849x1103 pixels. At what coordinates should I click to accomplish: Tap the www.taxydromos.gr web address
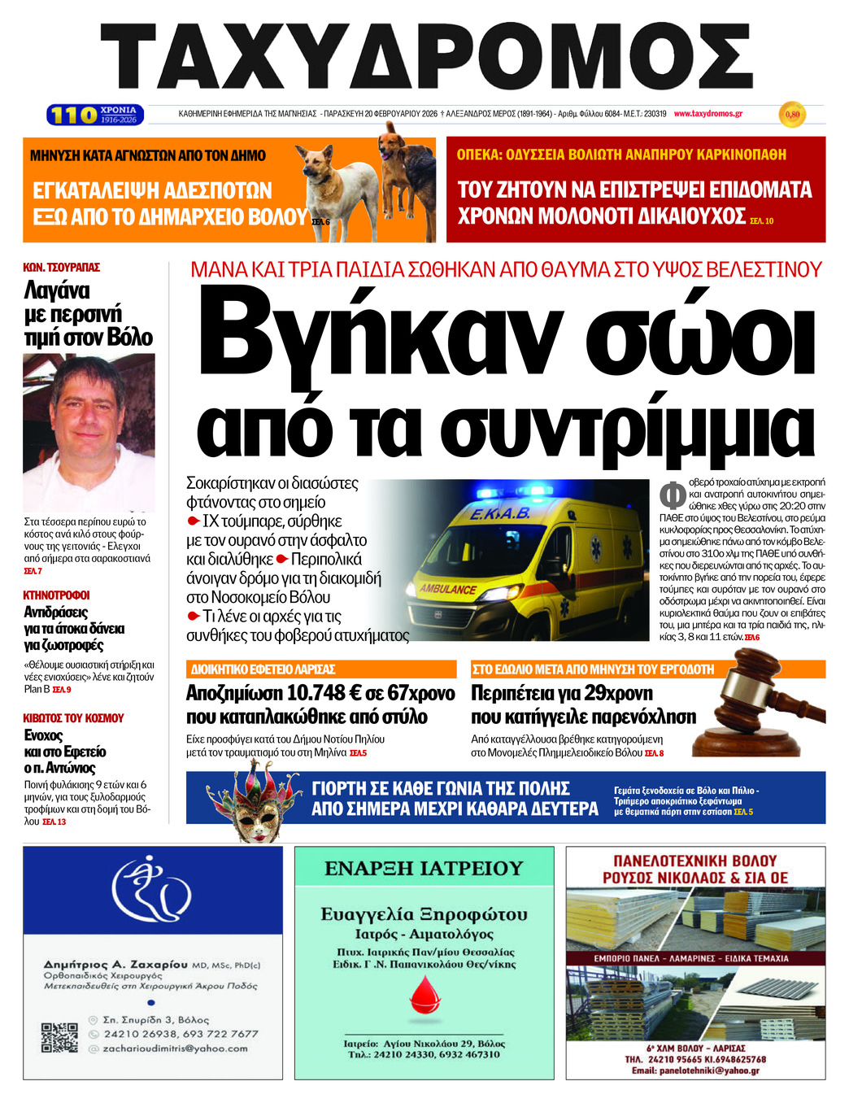[x=707, y=114]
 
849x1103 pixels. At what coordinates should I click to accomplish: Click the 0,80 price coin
[x=791, y=115]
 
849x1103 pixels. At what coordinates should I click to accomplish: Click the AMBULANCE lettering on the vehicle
[x=448, y=588]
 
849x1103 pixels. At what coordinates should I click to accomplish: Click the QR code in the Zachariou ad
[x=59, y=1038]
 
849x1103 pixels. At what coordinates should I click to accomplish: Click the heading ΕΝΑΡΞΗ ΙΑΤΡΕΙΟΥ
[x=424, y=869]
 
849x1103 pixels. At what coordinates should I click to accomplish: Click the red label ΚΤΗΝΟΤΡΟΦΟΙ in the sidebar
[x=56, y=595]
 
